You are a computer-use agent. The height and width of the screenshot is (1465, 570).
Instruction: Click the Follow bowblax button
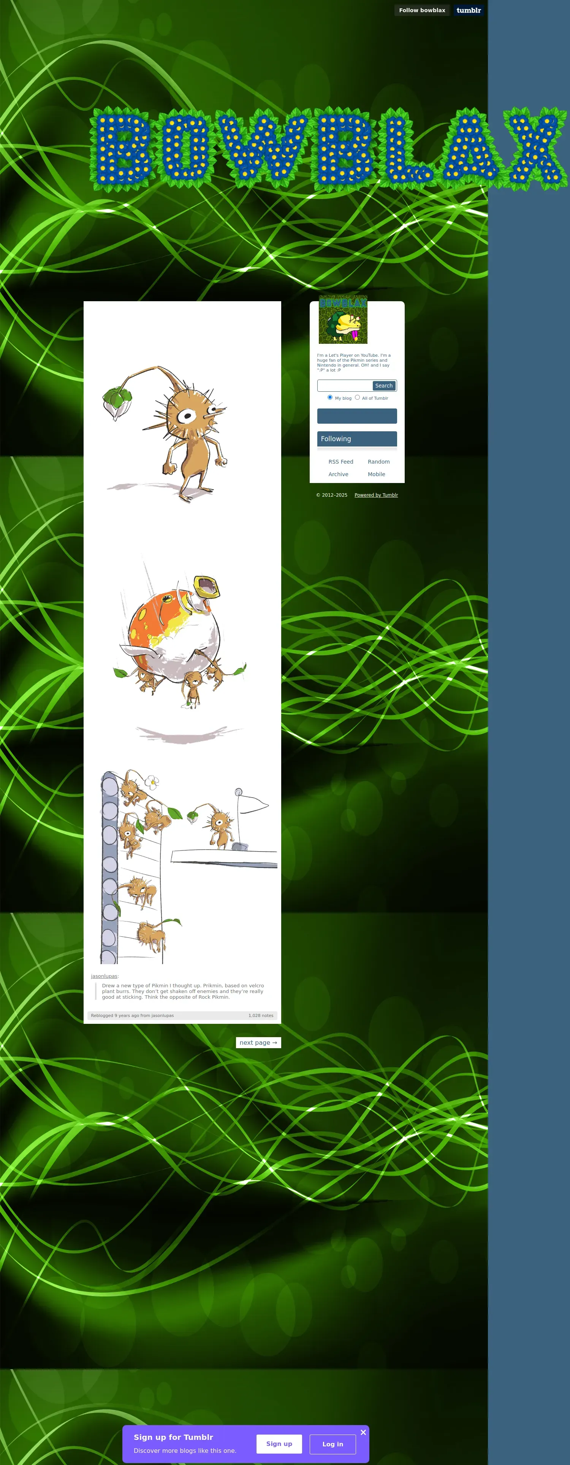point(422,10)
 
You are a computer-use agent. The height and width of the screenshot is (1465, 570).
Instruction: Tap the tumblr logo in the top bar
point(468,10)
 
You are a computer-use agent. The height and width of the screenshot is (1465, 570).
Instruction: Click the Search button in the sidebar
point(383,386)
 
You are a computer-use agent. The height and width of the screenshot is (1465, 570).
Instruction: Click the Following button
point(357,439)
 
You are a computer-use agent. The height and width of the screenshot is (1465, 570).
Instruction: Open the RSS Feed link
point(341,462)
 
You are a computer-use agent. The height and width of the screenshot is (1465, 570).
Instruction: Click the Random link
point(378,462)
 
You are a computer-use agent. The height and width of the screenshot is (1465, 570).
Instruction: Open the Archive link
point(338,474)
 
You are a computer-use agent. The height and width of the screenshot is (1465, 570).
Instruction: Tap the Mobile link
point(376,474)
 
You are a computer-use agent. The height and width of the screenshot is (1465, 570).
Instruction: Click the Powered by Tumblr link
point(376,495)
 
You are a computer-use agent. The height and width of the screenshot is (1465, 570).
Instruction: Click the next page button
point(258,1042)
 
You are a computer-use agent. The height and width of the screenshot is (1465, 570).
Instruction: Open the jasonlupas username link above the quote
point(104,976)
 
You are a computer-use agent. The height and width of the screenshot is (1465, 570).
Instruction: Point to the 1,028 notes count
point(261,1015)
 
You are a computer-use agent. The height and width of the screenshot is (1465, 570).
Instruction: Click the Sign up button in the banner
point(279,1443)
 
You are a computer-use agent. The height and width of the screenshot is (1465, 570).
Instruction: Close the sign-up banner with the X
point(363,1432)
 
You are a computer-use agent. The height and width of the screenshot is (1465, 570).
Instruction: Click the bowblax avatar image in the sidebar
point(343,319)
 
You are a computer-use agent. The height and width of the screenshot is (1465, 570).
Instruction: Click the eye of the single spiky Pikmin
point(186,416)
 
